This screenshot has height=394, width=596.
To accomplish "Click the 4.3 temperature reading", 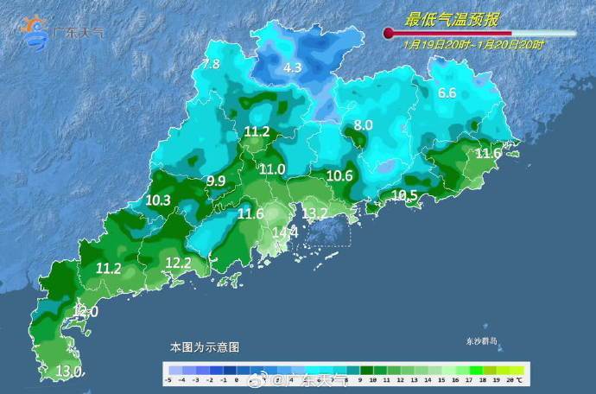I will point(293,67).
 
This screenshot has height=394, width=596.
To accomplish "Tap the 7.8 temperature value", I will point(211,64).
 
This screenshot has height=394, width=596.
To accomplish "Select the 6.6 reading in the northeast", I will point(447,93).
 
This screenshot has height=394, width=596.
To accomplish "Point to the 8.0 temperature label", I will point(363,125).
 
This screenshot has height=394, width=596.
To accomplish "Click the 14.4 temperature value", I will point(285,232).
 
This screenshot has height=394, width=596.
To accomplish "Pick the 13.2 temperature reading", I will point(314,213).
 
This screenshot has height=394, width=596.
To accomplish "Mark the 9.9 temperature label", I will point(215,181).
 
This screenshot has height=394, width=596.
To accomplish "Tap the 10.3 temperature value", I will point(158,200).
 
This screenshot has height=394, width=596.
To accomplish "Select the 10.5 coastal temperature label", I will point(405,195).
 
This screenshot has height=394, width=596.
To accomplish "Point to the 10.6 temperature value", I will point(340,175).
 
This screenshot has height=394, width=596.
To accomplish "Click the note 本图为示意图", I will point(204,346).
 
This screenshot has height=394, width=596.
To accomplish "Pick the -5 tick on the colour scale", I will point(169,378).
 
